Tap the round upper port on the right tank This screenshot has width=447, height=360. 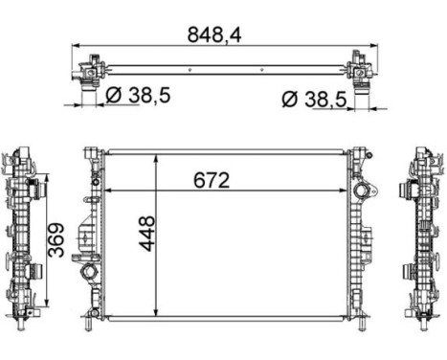click(362, 194)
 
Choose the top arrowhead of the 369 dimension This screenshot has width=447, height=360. click(45, 179)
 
